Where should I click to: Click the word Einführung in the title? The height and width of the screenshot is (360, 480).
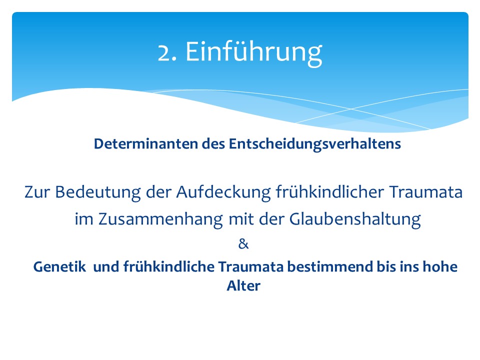(x=254, y=52)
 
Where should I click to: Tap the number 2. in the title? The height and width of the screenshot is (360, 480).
(x=167, y=52)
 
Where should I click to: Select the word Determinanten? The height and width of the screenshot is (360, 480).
(x=145, y=143)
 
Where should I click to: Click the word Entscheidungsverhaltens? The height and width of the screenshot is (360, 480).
(x=315, y=144)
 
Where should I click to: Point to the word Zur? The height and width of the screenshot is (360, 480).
(x=37, y=192)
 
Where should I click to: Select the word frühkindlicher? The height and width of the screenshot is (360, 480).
(x=330, y=192)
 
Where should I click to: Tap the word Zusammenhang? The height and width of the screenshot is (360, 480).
(x=160, y=219)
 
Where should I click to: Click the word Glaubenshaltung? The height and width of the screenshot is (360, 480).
(x=355, y=219)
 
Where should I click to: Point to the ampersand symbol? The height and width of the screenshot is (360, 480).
(x=243, y=244)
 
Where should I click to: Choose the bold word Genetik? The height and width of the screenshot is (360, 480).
(x=59, y=266)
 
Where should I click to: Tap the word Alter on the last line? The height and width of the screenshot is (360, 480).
(x=243, y=285)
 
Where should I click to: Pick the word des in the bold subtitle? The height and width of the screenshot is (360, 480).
(x=213, y=143)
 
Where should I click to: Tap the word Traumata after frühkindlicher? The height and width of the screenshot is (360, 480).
(x=426, y=192)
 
